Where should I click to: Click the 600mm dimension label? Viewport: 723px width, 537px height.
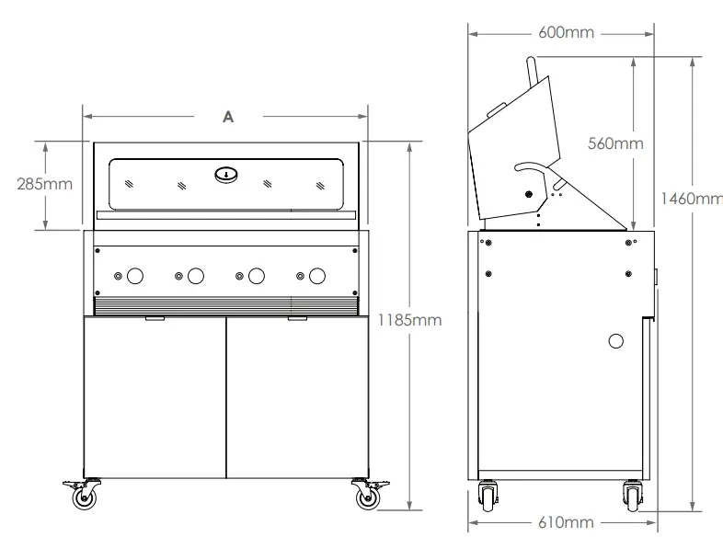566,32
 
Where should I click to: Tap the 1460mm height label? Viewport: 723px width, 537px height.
691,198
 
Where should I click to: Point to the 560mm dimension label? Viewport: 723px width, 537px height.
615,143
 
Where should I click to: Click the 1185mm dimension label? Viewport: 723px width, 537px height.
410,320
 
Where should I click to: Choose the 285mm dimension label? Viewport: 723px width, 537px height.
44,183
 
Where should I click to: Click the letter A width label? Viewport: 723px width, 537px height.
228,117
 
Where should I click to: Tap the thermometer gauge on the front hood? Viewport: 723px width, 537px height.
227,173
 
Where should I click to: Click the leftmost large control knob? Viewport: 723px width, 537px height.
135,275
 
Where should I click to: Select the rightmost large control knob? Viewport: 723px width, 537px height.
317,275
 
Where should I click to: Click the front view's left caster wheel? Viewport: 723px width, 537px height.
85,497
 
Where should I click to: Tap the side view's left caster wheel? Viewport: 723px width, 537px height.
487,497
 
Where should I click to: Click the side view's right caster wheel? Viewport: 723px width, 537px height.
632,497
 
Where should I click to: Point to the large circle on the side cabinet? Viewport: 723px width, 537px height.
616,341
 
